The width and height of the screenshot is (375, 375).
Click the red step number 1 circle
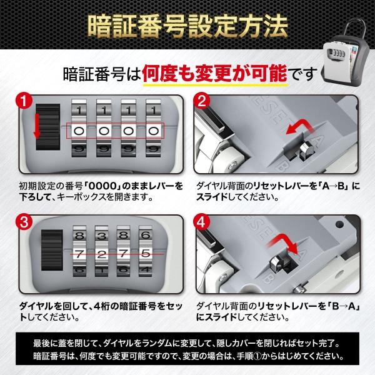coord(24,101)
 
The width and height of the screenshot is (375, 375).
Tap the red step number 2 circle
coord(202,101)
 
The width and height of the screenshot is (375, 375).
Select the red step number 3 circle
coord(24,221)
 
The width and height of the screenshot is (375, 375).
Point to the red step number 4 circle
coord(202,221)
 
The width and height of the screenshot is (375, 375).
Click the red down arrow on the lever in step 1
coord(37,126)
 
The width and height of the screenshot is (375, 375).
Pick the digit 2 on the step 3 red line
coord(101,254)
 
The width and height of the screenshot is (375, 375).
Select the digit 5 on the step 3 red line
coord(146,254)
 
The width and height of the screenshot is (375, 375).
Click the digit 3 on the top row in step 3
coord(102,236)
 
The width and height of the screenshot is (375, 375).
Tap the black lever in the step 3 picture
coord(52,250)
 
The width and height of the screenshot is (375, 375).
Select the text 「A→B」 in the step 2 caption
coord(334,186)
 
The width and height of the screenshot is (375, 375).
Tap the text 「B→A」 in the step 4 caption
coord(344,306)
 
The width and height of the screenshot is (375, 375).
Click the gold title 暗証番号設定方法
coord(187,27)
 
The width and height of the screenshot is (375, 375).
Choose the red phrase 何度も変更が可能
coord(214,73)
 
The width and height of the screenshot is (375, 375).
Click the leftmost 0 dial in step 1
coord(79,131)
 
